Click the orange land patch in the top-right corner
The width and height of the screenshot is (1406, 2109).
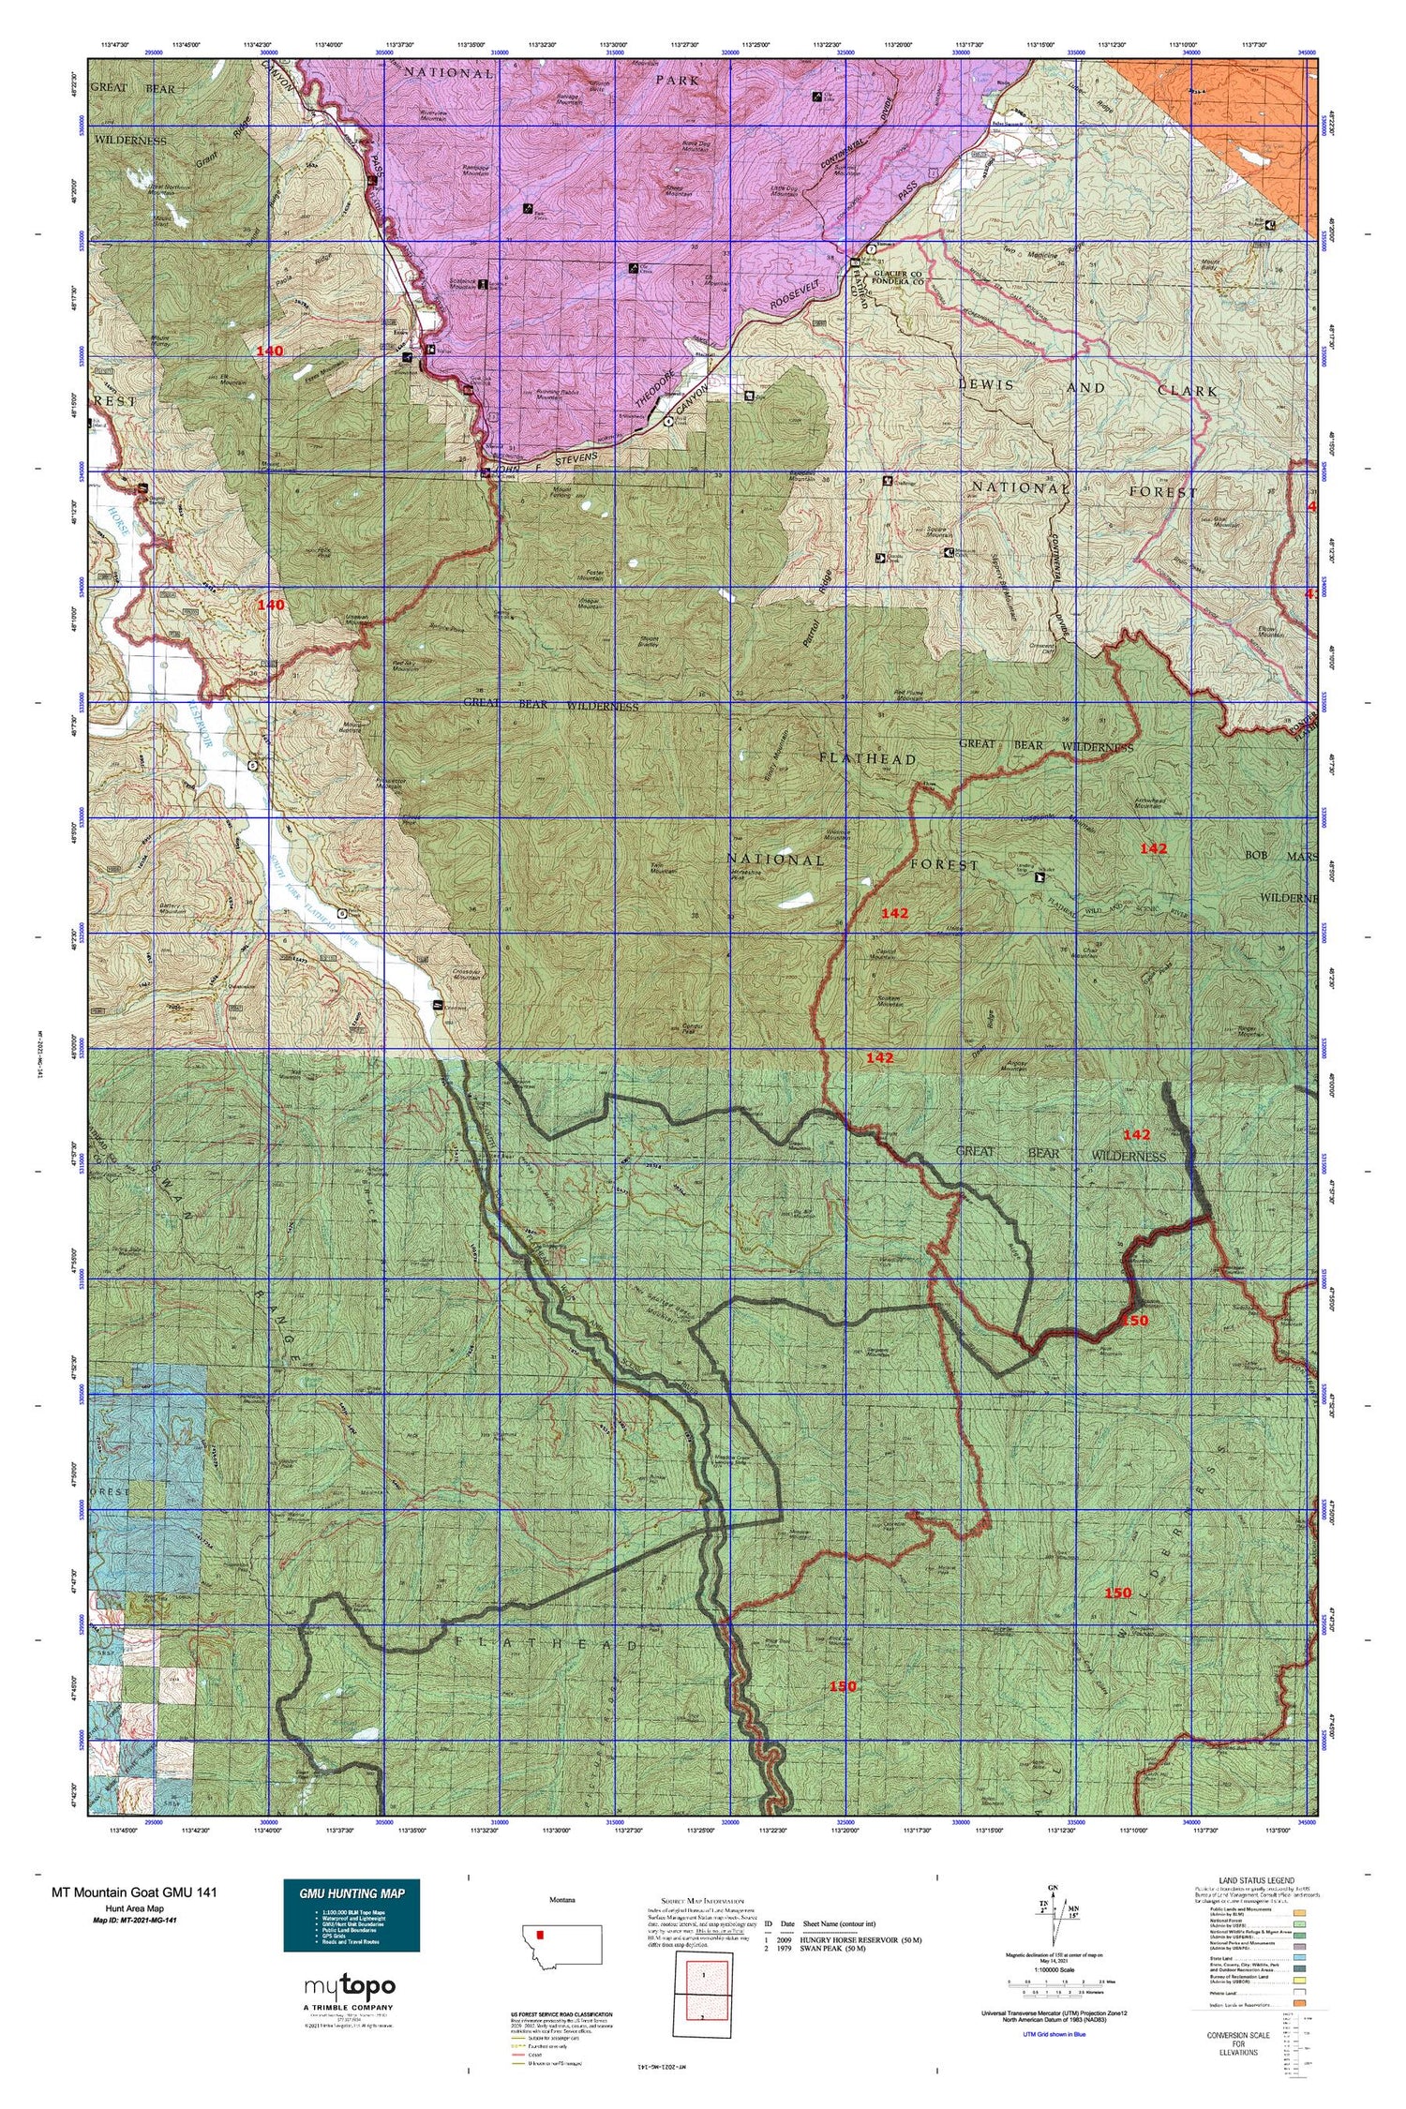[x=1219, y=104]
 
